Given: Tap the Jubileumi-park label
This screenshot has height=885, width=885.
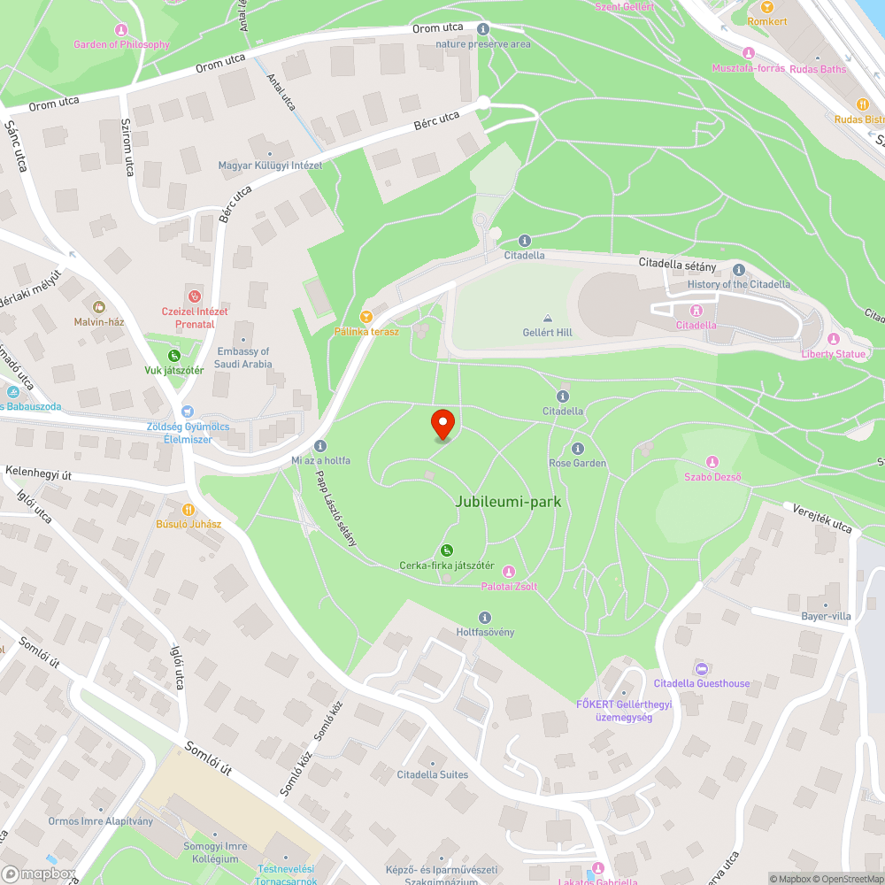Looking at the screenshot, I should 508,502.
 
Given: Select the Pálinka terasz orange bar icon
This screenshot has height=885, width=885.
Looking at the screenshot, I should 366,317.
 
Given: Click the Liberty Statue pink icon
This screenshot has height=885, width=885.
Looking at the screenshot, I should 833,339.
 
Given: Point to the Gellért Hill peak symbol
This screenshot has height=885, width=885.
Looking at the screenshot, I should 547,319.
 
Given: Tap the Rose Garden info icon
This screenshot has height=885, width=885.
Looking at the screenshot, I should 578,449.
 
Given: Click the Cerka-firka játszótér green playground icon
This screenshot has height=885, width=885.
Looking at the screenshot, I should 447,550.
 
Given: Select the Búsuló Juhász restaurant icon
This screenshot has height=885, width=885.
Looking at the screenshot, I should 188,510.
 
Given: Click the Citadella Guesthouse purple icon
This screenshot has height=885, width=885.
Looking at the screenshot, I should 702,669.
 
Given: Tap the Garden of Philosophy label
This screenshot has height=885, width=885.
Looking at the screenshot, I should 121,44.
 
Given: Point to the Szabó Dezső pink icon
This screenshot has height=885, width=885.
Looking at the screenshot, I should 712,463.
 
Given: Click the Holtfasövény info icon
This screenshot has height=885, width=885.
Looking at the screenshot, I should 484,618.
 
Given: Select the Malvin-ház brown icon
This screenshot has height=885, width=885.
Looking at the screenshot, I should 99,307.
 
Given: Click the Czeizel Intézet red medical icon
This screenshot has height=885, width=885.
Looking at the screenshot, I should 195,296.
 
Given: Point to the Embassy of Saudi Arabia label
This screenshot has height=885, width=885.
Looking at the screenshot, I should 244,358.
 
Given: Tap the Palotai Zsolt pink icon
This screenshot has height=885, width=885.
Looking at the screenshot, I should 508,572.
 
